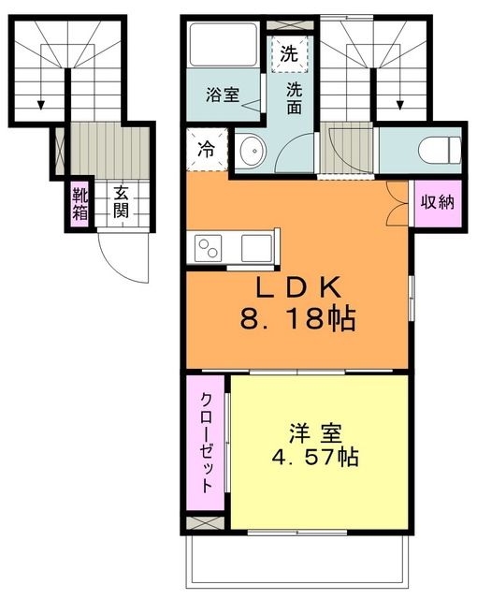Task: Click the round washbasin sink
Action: (x=250, y=150)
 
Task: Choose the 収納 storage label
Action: (x=437, y=202)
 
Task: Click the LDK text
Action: (x=297, y=285)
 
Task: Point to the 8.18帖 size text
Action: (x=297, y=319)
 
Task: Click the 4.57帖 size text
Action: (x=314, y=459)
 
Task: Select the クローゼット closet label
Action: (x=207, y=434)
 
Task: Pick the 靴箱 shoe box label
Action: (x=79, y=203)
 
